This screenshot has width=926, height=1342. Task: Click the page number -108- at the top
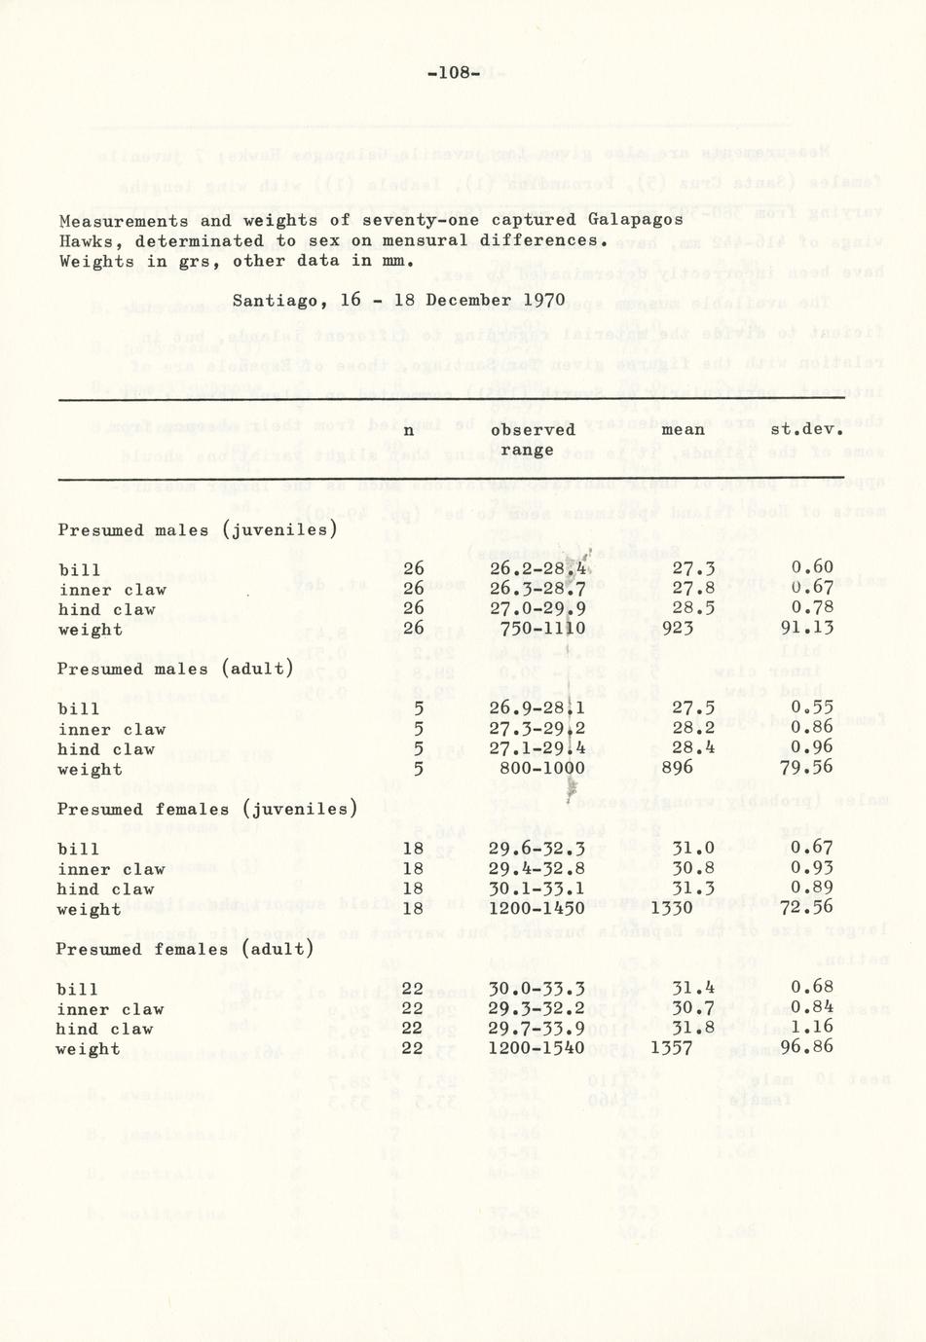[x=455, y=73]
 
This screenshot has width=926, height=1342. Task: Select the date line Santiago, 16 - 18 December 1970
[x=397, y=300]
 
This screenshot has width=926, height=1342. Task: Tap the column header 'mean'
[x=683, y=429]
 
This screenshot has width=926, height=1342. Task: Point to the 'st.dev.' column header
[x=806, y=429]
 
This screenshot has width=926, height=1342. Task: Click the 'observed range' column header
[x=533, y=439]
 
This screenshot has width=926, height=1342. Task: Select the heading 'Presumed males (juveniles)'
[x=197, y=530]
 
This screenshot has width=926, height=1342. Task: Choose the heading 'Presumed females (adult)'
[x=185, y=949]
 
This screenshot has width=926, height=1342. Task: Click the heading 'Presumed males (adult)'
[x=175, y=670]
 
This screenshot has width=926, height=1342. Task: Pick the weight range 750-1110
[x=542, y=629]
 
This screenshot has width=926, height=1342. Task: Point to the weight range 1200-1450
[x=537, y=909]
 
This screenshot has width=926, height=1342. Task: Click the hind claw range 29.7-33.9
[x=537, y=1029]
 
